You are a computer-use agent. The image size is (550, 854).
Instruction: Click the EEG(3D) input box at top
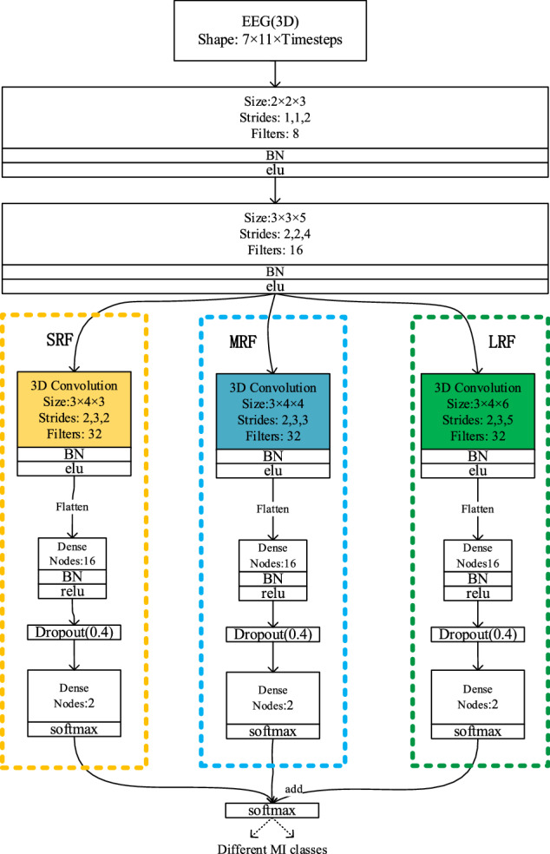coord(274,31)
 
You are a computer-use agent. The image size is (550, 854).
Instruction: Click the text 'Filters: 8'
coord(274,135)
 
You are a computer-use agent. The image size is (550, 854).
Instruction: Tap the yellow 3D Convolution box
coord(74,404)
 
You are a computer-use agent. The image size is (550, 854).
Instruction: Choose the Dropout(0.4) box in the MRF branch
coord(273,635)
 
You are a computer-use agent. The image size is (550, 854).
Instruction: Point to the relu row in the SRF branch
coord(74,593)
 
